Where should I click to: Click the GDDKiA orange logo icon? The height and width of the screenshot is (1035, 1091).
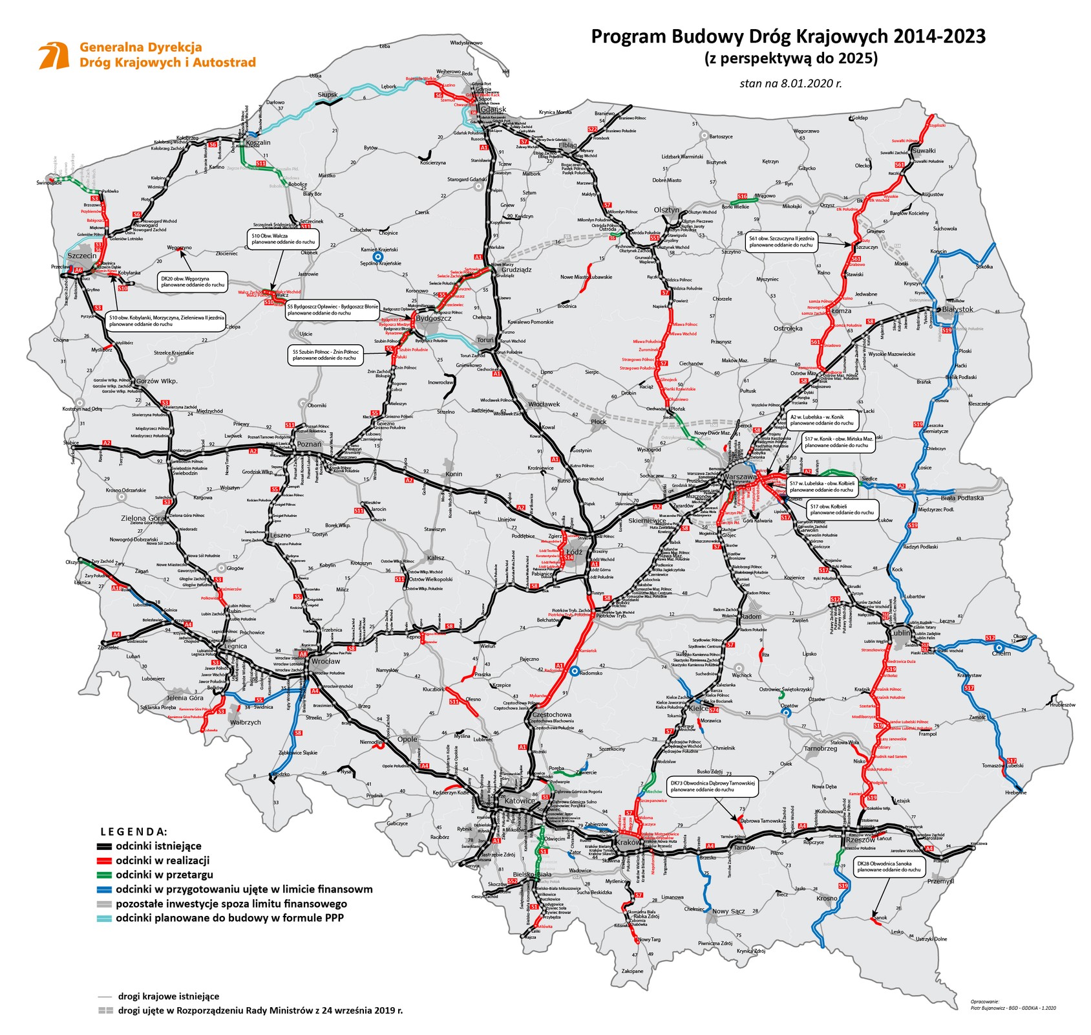(x=54, y=56)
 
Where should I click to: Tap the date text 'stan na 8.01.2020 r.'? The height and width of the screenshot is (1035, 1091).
(x=790, y=83)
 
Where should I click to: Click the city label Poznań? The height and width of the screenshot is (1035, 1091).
(x=309, y=444)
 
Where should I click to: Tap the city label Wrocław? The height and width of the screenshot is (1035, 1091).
(x=325, y=661)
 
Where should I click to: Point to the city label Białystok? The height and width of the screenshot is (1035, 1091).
(x=957, y=309)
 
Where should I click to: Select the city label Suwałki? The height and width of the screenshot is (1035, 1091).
(x=924, y=151)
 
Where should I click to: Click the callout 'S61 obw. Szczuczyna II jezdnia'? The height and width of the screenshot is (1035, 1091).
(x=781, y=242)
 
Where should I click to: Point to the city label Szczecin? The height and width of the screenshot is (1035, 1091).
(x=81, y=256)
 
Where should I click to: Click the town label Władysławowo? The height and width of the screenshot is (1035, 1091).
(x=466, y=43)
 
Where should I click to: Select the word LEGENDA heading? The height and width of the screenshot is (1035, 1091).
(x=134, y=831)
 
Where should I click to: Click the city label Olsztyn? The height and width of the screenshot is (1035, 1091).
(x=666, y=210)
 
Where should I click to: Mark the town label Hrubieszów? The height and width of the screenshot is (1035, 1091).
(x=1063, y=704)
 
